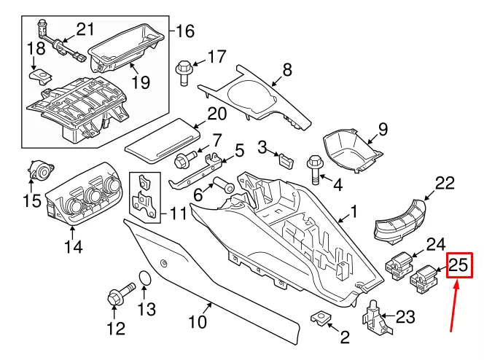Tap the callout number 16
pyautogui.click(x=184, y=31)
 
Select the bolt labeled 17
pyautogui.click(x=183, y=70)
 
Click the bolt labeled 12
pyautogui.click(x=115, y=299)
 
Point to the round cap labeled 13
pyautogui.click(x=144, y=279)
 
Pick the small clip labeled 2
pyautogui.click(x=321, y=318)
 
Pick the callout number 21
pyautogui.click(x=86, y=30)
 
